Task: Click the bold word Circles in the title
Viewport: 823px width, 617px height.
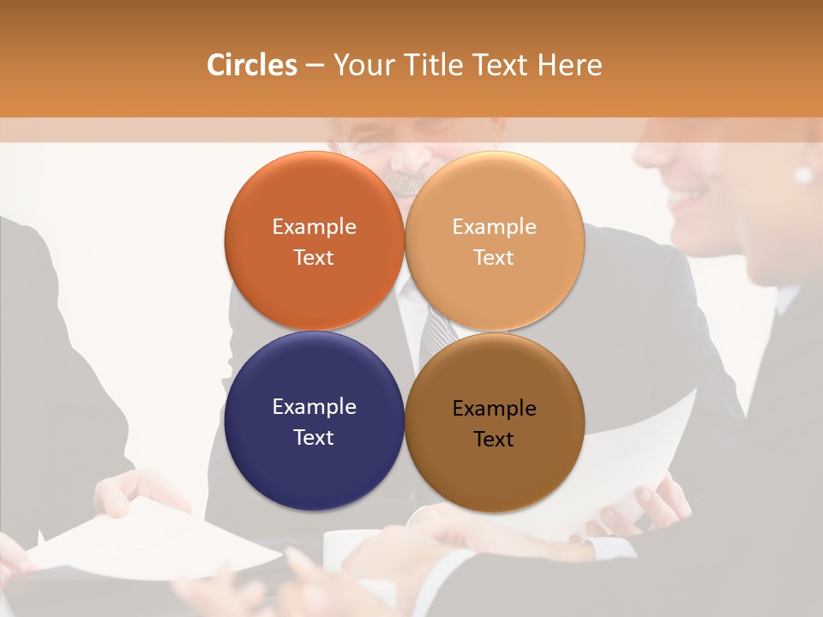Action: click(x=251, y=65)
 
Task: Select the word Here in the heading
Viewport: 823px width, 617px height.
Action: click(x=569, y=65)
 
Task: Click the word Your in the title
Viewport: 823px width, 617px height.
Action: click(x=361, y=65)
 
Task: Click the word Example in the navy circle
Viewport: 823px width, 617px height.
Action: click(x=314, y=407)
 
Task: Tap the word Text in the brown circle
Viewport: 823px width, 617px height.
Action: click(x=494, y=440)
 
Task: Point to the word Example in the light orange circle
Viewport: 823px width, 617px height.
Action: click(x=494, y=227)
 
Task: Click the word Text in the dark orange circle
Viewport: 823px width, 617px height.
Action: click(x=314, y=258)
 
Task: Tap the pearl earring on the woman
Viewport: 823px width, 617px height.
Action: click(x=803, y=176)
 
